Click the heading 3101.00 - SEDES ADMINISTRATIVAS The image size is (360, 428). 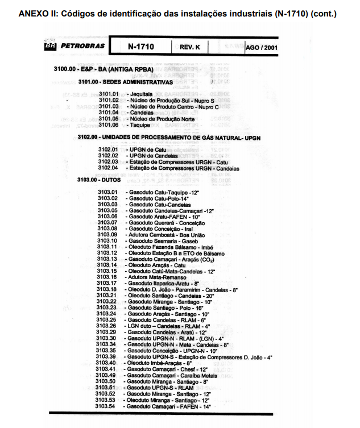point(121,81)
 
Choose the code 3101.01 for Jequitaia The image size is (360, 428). point(108,93)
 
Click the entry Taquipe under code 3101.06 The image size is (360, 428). point(139,125)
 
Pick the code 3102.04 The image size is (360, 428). point(107,168)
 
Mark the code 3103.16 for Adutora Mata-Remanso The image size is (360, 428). point(107,277)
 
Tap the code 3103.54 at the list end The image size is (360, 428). point(106,406)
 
